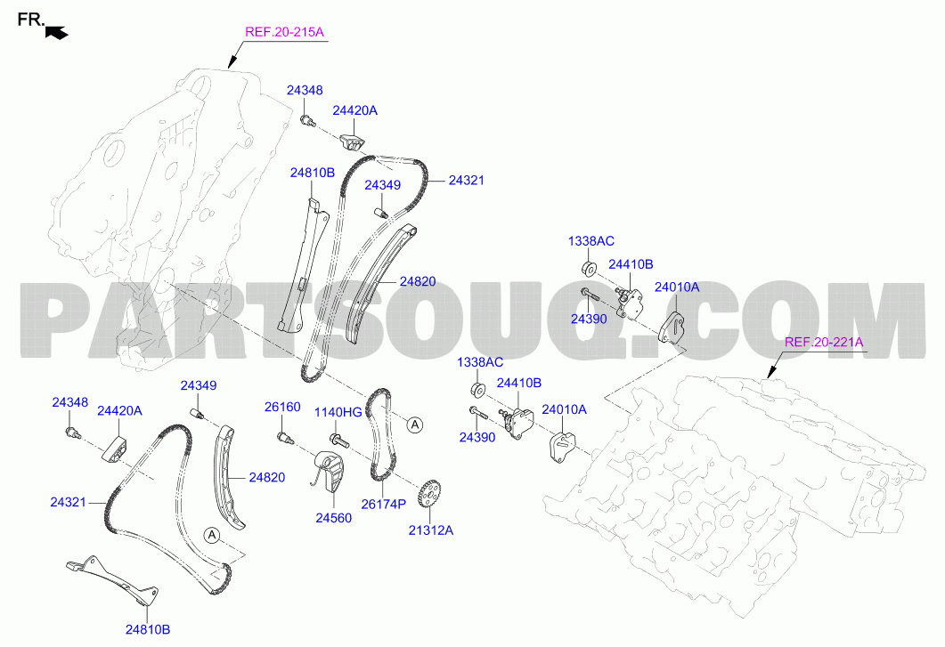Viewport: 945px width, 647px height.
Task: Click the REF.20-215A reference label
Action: (x=284, y=32)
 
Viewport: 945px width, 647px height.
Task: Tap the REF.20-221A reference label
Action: (x=824, y=342)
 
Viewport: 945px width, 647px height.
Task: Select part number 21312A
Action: (x=431, y=530)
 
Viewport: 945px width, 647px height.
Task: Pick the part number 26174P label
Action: (x=384, y=504)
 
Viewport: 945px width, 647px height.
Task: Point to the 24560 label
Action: (x=333, y=518)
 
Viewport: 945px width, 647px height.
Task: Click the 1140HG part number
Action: (x=338, y=412)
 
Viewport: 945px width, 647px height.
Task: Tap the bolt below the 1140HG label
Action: (x=339, y=441)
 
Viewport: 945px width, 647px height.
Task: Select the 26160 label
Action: (x=282, y=408)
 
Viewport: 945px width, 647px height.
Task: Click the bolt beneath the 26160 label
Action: (x=284, y=438)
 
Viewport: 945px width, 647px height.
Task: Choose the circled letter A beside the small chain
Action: (x=415, y=425)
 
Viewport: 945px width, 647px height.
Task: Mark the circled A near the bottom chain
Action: (x=211, y=535)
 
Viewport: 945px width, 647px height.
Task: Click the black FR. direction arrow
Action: (x=57, y=33)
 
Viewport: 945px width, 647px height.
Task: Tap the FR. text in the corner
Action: (x=31, y=20)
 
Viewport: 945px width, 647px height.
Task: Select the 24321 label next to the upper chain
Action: (x=467, y=180)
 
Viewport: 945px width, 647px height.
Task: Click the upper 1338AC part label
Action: (x=591, y=241)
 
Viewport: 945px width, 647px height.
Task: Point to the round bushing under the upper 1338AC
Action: (x=588, y=268)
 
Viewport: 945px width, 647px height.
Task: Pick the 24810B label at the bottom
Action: (x=148, y=629)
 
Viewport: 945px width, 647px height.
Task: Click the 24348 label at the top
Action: (x=305, y=91)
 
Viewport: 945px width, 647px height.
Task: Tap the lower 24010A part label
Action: (x=564, y=409)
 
